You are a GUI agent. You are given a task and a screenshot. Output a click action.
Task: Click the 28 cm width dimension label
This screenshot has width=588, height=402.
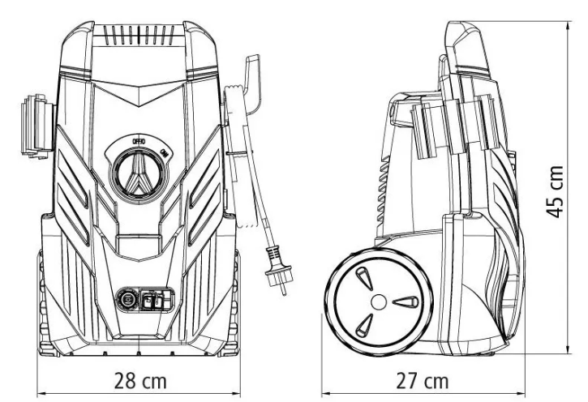140,381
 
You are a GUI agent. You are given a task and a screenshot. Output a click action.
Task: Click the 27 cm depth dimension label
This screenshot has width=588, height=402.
423,381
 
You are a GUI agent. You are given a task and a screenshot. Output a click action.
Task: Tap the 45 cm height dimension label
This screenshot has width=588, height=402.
555,191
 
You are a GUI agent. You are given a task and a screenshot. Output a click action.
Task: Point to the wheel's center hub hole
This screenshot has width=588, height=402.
379,301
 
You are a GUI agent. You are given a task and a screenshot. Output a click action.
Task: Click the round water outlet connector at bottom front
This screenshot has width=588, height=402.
127,299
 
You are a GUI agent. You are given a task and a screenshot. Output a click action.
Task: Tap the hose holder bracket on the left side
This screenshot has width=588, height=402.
36,126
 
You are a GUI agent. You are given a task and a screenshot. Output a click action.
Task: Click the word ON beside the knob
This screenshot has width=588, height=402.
164,152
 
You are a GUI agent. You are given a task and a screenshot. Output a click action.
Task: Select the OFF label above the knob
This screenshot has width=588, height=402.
139,141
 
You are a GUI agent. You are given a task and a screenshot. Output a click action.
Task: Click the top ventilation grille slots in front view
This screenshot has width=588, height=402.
139,35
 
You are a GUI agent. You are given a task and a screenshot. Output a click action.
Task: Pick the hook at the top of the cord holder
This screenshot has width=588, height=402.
252,83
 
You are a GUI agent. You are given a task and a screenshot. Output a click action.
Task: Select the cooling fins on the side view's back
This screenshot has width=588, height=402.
384,189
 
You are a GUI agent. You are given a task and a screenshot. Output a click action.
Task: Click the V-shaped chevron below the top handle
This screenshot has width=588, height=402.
139,92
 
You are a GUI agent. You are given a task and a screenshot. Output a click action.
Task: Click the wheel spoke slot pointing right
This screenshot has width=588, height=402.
406,301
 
